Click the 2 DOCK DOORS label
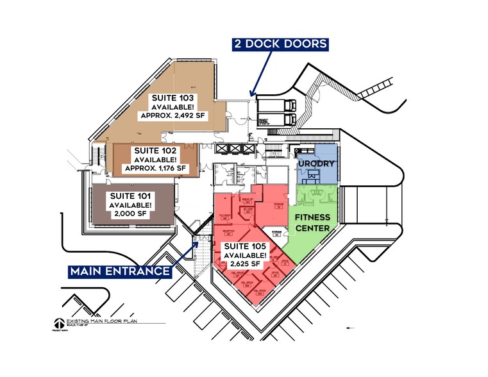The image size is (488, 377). click(x=280, y=44)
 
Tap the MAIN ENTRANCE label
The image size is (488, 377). click(x=121, y=271)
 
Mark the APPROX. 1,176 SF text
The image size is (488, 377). click(x=155, y=168)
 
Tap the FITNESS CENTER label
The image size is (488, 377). click(x=312, y=222)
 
